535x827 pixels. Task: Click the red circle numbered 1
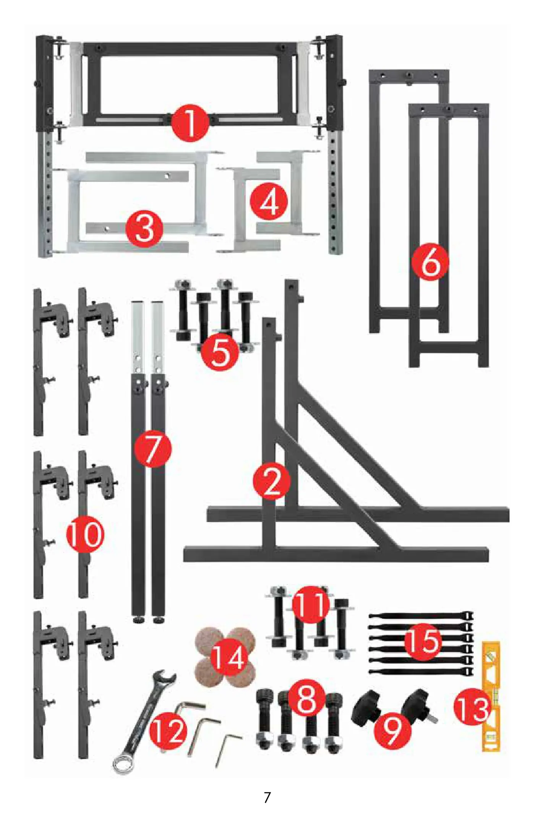(x=190, y=123)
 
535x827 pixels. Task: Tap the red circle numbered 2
(x=272, y=482)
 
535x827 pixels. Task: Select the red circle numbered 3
(x=144, y=229)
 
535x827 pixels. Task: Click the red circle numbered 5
(x=220, y=352)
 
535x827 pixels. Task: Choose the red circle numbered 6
(x=430, y=262)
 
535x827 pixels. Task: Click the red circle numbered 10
(x=85, y=534)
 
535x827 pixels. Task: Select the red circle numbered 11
(x=311, y=605)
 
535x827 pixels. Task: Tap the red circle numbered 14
(x=229, y=658)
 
